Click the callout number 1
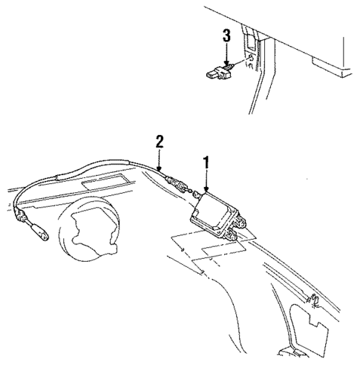tap(206, 161)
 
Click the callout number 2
tap(157, 139)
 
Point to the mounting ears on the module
tap(236, 235)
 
